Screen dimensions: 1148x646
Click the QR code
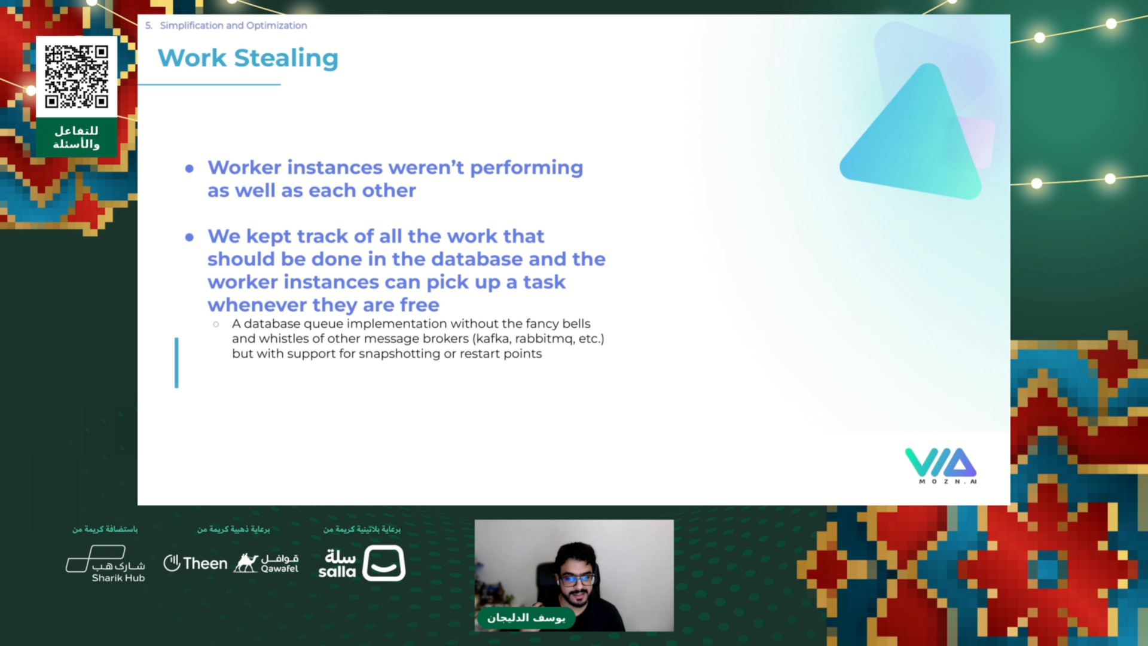[x=77, y=77]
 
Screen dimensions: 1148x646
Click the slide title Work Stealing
[x=248, y=58]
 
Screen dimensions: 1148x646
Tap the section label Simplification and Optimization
[x=233, y=25]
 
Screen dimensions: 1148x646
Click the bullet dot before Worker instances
[x=190, y=169]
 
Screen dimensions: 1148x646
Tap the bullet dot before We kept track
[x=190, y=237]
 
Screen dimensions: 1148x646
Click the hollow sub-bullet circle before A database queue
[x=216, y=324]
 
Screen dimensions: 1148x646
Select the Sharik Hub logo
[x=105, y=563]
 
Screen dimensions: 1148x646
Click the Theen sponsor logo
[x=196, y=563]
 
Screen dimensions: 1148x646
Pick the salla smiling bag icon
[x=384, y=563]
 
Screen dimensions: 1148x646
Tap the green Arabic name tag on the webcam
[x=526, y=618]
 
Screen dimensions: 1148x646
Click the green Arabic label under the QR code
[x=77, y=138]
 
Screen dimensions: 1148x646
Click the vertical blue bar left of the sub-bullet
[x=176, y=362]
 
